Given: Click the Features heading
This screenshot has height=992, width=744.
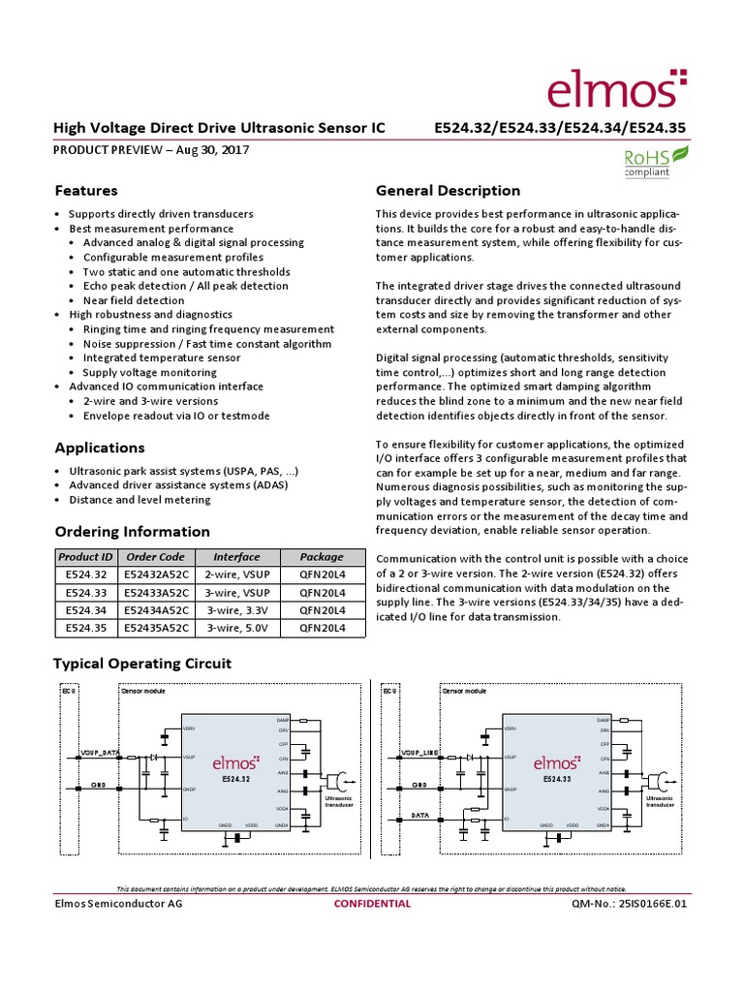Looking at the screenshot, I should tap(86, 191).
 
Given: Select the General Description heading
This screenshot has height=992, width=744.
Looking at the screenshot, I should tap(448, 191).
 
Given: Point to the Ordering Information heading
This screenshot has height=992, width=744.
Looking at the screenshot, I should tap(132, 532).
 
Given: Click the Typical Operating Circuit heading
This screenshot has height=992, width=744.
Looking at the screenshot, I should tap(141, 664).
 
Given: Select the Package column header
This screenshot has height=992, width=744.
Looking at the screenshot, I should tap(322, 557).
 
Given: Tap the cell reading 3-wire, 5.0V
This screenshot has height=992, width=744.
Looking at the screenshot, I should tap(236, 627).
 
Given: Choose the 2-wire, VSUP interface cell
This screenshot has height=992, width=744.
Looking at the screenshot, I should tap(236, 574).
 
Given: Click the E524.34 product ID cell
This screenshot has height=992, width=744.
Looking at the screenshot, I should tap(85, 609).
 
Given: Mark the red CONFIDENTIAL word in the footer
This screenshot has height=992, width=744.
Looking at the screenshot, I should tap(372, 904).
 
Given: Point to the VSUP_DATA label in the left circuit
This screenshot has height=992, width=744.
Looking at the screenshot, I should tap(99, 752).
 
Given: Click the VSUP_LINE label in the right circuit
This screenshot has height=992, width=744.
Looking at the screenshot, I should tap(420, 752).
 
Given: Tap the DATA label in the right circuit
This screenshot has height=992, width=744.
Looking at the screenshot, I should tap(419, 816).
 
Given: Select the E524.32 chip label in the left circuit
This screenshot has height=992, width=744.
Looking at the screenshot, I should tap(236, 779).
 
